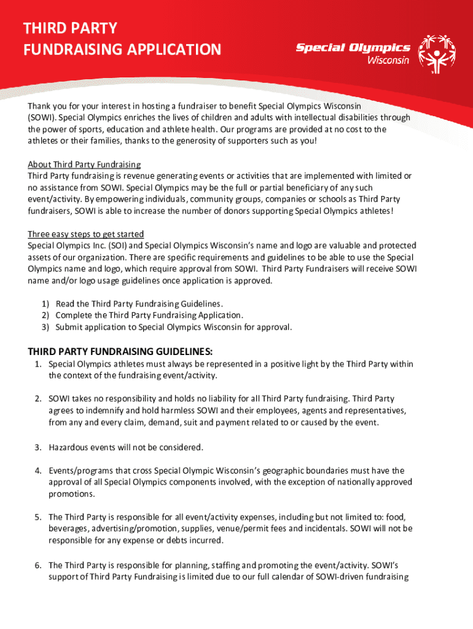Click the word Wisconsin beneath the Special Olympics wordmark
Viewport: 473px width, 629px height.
pyautogui.click(x=388, y=60)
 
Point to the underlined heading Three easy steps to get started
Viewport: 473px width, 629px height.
pyautogui.click(x=86, y=234)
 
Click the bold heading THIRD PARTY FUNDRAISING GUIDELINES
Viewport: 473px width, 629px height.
pyautogui.click(x=120, y=351)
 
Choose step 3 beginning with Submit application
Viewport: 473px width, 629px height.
pyautogui.click(x=173, y=327)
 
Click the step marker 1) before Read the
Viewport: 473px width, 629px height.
pyautogui.click(x=45, y=303)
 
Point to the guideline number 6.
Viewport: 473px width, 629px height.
pyautogui.click(x=38, y=565)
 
